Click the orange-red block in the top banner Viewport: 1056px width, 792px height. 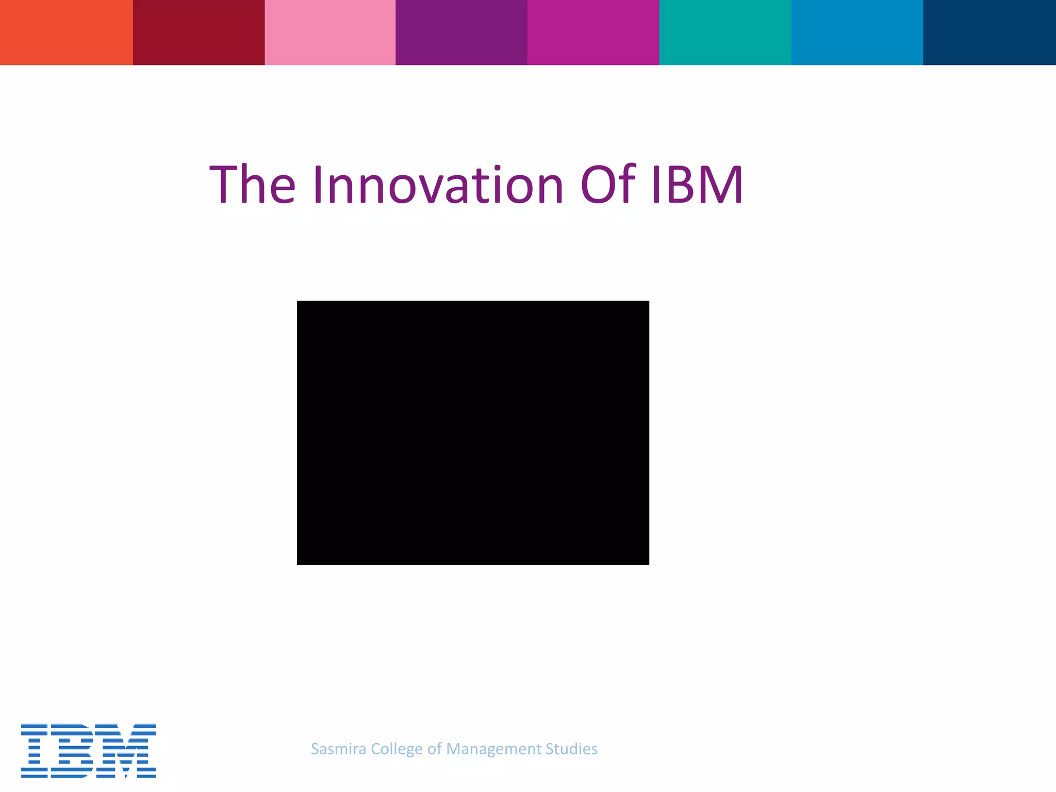tap(66, 32)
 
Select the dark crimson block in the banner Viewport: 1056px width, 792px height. tap(199, 32)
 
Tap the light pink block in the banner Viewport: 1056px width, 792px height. tap(330, 32)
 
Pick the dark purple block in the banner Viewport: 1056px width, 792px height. tap(461, 32)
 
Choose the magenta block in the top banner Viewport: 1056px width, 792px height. tap(593, 32)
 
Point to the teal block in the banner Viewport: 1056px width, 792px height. tap(725, 32)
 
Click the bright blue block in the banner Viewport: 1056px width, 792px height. tap(857, 32)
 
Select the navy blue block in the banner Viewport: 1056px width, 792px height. tap(989, 32)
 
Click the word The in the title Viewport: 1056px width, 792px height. tap(253, 185)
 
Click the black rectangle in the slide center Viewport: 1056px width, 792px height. tap(473, 433)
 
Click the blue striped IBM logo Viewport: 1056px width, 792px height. tap(88, 750)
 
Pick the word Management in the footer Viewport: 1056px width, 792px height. tap(493, 749)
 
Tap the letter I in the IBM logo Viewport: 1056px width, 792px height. tap(35, 750)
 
